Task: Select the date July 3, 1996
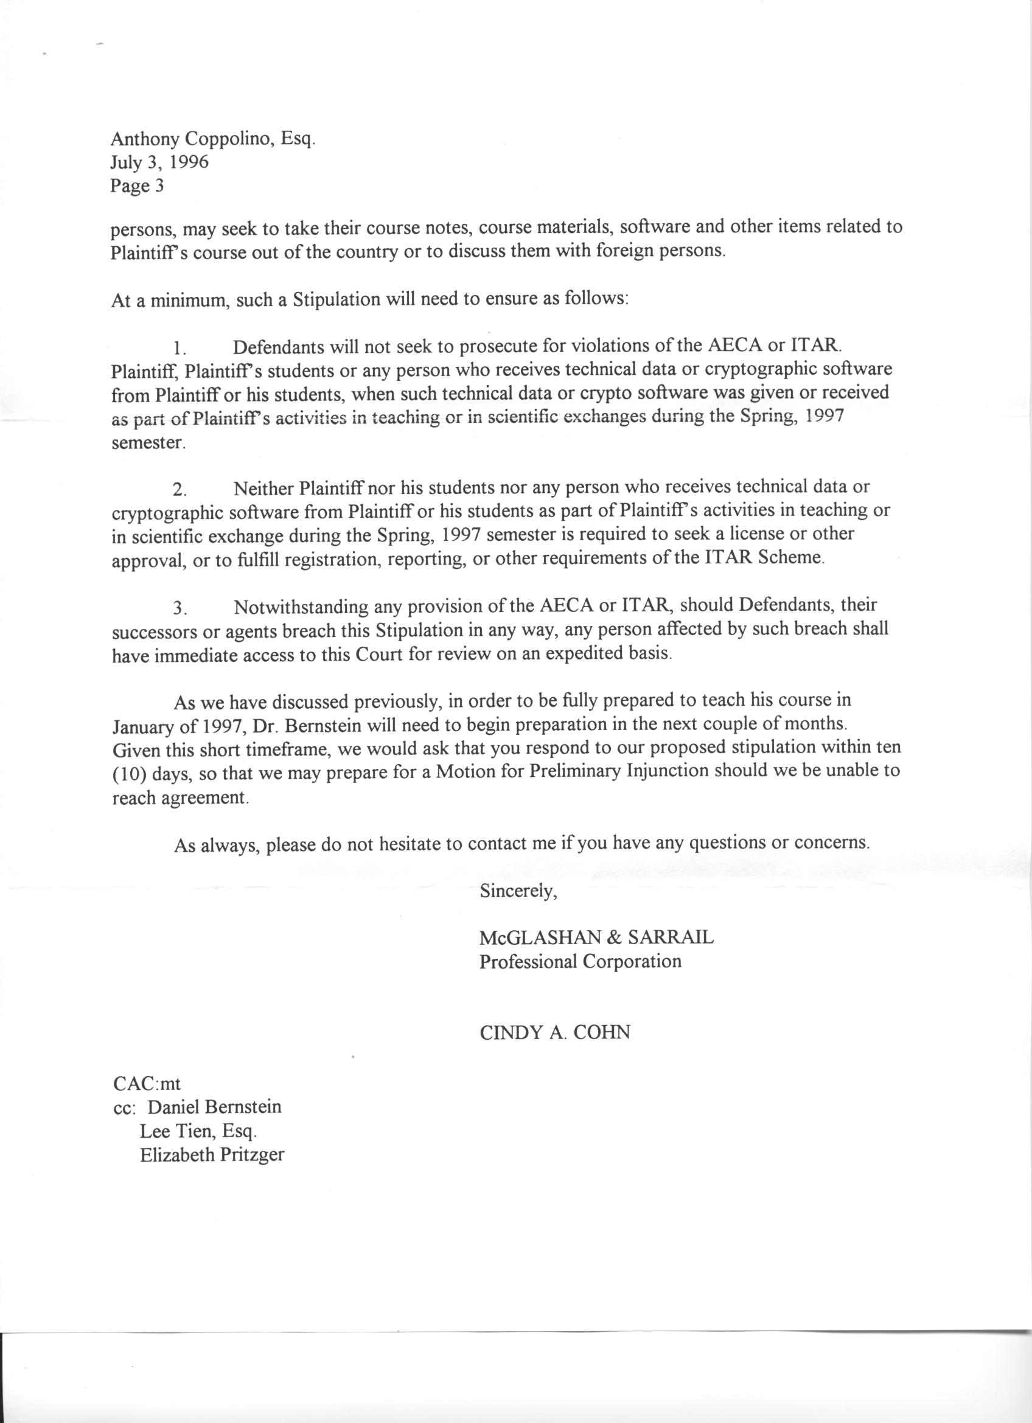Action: point(159,162)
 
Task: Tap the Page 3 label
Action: point(137,186)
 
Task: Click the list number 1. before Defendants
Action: point(181,347)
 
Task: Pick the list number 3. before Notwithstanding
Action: point(181,608)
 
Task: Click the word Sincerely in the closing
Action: point(518,891)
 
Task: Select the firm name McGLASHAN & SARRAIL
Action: point(596,938)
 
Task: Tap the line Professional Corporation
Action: point(580,961)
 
